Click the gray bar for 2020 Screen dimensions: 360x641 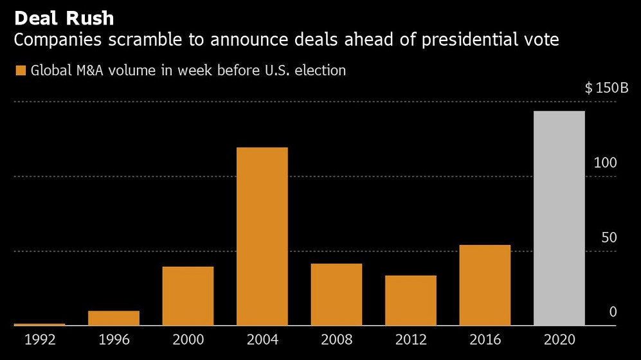[559, 219]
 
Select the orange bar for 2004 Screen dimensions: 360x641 [262, 237]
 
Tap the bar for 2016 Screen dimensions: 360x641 [485, 285]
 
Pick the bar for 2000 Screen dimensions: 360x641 [188, 296]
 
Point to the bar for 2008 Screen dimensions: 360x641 [336, 294]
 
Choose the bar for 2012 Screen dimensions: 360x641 [411, 300]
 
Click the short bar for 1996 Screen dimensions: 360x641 [114, 318]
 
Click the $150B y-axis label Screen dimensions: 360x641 [606, 88]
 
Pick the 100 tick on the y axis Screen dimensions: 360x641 [605, 163]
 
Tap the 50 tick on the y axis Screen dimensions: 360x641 [609, 237]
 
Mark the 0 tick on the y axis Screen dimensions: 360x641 [613, 312]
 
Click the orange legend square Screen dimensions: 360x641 [20, 71]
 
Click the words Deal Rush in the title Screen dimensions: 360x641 [64, 17]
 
